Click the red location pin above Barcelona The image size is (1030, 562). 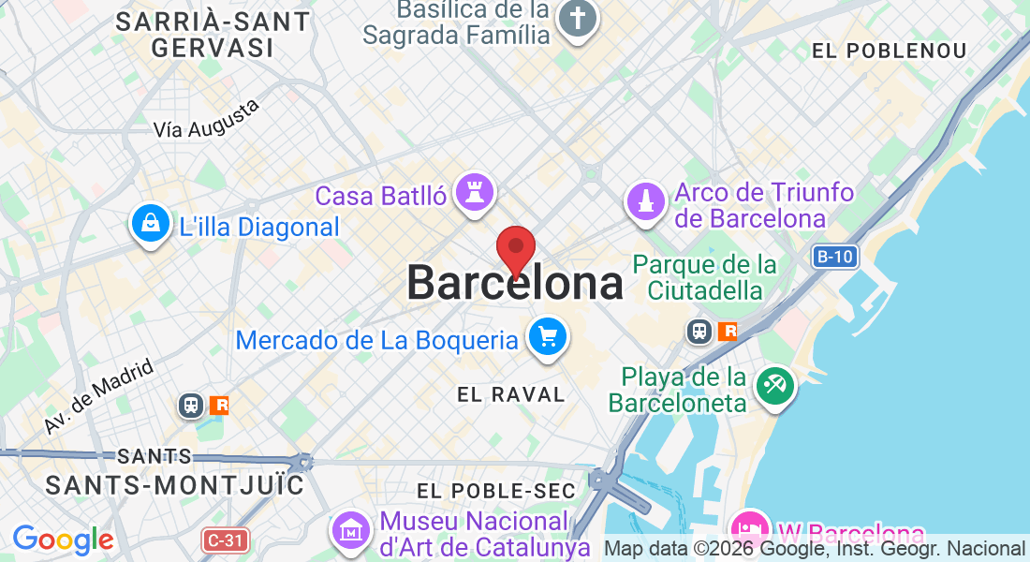coord(515,249)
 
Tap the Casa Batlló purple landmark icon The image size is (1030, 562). coord(474,194)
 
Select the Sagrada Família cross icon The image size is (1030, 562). coord(578,20)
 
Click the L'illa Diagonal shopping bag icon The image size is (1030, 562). coord(150,223)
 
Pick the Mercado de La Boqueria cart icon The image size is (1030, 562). coord(547,336)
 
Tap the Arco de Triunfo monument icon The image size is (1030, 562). coord(644,201)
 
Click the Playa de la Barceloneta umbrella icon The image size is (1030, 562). coord(775,386)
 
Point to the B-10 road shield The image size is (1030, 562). coord(835,256)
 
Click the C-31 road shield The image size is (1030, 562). coord(225,540)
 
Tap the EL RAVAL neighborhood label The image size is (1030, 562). coord(511,394)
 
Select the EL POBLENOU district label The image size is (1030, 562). coord(889,51)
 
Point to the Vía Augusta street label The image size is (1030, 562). coord(206,120)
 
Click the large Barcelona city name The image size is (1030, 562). coord(515,283)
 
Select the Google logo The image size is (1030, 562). coord(63,540)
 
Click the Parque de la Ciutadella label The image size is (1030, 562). coord(704,277)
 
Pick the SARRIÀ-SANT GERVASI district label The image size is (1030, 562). coord(213,34)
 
